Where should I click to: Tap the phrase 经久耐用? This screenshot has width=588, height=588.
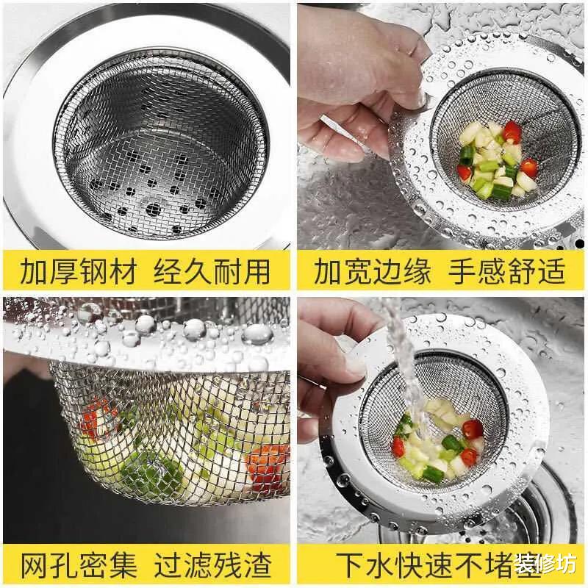tap(213, 271)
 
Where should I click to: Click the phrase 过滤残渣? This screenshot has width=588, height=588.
tap(213, 565)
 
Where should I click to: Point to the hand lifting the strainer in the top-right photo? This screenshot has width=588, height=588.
tap(353, 81)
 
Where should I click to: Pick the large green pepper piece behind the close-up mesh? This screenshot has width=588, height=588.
tap(151, 470)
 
